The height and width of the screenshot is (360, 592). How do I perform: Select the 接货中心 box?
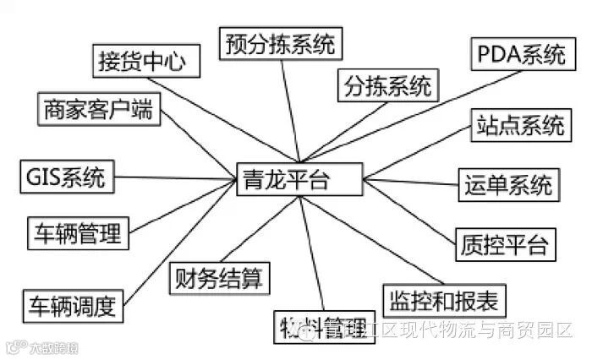pyautogui.click(x=146, y=62)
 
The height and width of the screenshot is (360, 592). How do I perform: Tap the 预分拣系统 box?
pyautogui.click(x=278, y=42)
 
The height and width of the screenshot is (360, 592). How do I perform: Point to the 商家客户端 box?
pyautogui.click(x=100, y=109)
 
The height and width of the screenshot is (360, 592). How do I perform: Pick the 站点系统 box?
pyautogui.click(x=519, y=126)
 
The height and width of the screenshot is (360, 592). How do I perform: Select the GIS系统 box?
pyautogui.click(x=66, y=177)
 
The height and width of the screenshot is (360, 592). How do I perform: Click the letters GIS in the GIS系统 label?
pyautogui.click(x=43, y=177)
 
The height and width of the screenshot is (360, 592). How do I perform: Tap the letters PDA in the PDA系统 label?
pyautogui.click(x=499, y=56)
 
